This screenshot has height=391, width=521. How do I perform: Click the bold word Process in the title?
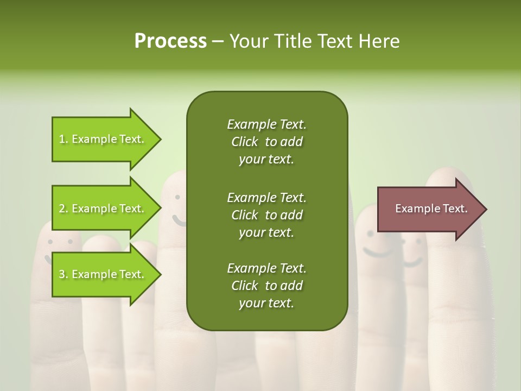[170, 41]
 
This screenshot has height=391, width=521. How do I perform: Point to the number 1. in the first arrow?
[63, 139]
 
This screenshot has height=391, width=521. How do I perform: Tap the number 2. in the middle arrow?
[63, 209]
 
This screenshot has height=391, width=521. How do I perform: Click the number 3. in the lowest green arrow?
[63, 274]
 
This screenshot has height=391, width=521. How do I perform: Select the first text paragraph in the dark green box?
[266, 142]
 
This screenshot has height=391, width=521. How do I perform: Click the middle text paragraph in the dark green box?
[266, 215]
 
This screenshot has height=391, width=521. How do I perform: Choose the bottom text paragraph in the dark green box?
[266, 286]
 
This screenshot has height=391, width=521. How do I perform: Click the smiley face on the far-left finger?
[60, 244]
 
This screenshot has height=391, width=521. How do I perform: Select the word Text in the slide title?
[334, 41]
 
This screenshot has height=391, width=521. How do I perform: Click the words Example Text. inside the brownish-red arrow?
[431, 209]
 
